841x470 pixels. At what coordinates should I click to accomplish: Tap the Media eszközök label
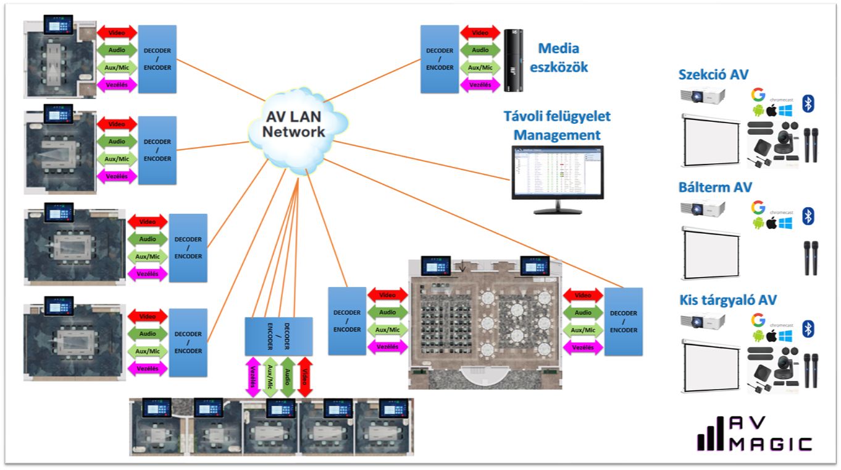558,57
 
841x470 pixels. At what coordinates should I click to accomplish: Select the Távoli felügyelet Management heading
557,125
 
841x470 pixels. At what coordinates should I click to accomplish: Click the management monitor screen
557,173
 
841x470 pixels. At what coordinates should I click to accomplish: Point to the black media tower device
512,61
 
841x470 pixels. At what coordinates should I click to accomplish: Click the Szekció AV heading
713,75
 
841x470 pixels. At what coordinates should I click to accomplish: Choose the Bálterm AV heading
715,187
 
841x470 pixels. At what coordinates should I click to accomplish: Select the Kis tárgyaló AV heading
727,301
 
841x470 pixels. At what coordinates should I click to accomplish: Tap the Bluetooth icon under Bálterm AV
808,216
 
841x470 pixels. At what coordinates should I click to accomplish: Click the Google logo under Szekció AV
758,95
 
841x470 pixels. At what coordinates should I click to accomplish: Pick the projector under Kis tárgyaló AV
703,322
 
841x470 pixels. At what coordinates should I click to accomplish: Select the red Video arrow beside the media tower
480,33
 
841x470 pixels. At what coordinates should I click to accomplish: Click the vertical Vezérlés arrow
253,377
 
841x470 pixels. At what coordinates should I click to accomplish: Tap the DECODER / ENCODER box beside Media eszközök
440,59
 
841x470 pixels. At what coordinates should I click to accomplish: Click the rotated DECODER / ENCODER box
278,336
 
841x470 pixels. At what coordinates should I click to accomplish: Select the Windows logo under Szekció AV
785,111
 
